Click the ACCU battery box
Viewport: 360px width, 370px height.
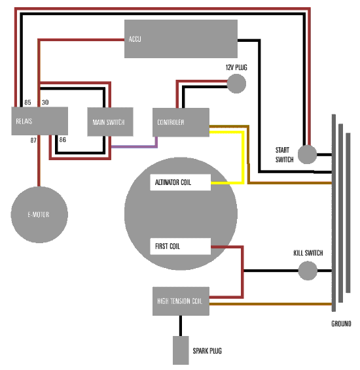(181, 39)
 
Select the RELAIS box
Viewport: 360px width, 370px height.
(40, 121)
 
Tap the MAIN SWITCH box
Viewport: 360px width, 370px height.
(110, 122)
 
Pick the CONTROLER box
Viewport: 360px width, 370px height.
(181, 122)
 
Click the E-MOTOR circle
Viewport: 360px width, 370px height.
(39, 214)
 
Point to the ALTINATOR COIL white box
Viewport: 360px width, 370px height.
(180, 182)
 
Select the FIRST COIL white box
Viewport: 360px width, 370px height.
(180, 246)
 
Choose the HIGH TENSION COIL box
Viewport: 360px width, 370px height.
(181, 301)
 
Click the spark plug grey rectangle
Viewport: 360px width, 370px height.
(181, 350)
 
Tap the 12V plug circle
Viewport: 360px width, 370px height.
(236, 84)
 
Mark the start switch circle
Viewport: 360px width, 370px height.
(307, 154)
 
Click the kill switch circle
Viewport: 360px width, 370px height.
(308, 271)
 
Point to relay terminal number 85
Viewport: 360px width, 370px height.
(27, 103)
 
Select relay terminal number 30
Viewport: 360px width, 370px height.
(45, 103)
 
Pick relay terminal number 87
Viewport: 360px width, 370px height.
(33, 141)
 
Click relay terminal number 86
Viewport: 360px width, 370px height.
(63, 140)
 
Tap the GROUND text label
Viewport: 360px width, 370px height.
(341, 324)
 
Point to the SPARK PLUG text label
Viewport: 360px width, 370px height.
(207, 351)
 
